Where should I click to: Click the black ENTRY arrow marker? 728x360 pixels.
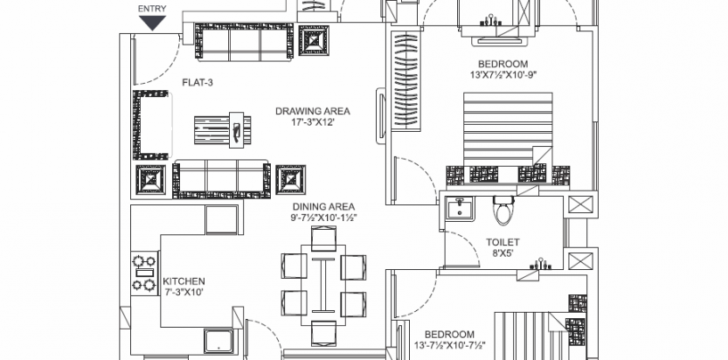pyautogui.click(x=153, y=23)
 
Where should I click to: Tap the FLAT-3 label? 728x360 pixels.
pyautogui.click(x=198, y=83)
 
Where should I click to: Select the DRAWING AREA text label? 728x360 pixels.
pyautogui.click(x=313, y=111)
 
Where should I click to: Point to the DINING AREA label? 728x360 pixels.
pyautogui.click(x=324, y=206)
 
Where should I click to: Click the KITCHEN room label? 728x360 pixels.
pyautogui.click(x=184, y=281)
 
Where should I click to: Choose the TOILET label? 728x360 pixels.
pyautogui.click(x=503, y=242)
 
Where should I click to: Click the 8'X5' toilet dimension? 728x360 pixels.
pyautogui.click(x=503, y=253)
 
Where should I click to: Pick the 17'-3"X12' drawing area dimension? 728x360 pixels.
pyautogui.click(x=313, y=123)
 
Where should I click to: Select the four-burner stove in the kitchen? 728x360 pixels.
pyautogui.click(x=144, y=273)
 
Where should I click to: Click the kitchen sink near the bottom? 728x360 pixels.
pyautogui.click(x=218, y=341)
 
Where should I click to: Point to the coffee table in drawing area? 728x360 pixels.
pyautogui.click(x=222, y=130)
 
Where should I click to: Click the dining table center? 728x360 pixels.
pyautogui.click(x=323, y=285)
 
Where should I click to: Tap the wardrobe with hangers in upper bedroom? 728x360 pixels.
pyautogui.click(x=406, y=80)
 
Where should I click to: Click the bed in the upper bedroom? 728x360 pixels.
pyautogui.click(x=508, y=138)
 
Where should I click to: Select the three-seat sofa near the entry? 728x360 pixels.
pyautogui.click(x=244, y=42)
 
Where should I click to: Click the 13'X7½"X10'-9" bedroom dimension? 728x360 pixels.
pyautogui.click(x=503, y=74)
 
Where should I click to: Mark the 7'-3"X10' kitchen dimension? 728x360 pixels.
pyautogui.click(x=184, y=292)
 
